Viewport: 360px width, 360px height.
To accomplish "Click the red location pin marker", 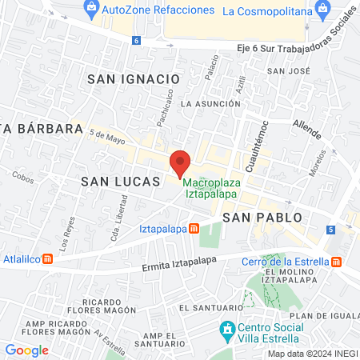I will click(181, 163).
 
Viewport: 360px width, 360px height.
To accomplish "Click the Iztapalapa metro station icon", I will click(193, 229).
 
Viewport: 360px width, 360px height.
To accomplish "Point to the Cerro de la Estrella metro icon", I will click(336, 262).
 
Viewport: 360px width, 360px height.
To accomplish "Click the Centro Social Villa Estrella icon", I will click(227, 329).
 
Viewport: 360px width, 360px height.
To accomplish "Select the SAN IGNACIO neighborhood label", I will click(133, 78).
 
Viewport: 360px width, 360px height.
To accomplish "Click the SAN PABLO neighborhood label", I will click(250, 217).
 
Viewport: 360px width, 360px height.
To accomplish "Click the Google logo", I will click(26, 350).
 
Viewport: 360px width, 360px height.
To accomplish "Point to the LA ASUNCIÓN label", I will click(210, 103).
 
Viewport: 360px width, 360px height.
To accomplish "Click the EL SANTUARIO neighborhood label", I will click(211, 307).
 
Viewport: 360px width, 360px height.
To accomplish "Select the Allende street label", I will click(306, 128).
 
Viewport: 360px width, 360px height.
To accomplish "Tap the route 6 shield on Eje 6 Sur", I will click(137, 40).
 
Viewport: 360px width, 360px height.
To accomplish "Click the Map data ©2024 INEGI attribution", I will click(311, 354).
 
